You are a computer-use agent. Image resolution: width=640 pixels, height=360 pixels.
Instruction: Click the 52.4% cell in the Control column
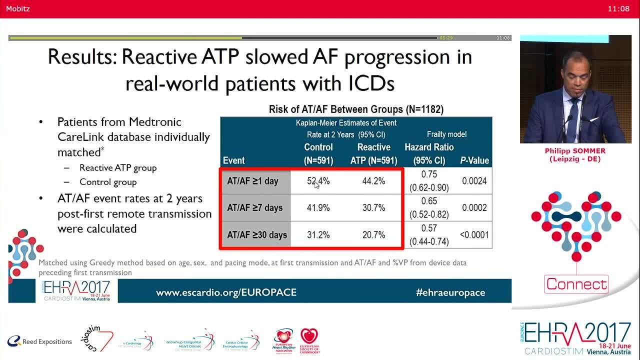[318, 181]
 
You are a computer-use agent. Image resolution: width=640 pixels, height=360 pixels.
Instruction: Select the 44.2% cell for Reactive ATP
[373, 181]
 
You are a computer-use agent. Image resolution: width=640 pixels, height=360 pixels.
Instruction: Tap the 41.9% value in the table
[318, 208]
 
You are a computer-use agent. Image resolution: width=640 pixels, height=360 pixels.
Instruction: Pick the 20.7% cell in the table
[373, 234]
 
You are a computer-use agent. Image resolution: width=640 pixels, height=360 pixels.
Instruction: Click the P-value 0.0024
[474, 181]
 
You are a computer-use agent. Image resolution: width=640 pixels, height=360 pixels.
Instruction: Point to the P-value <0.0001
[474, 234]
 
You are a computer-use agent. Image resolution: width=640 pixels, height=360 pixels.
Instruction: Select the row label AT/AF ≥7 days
[255, 208]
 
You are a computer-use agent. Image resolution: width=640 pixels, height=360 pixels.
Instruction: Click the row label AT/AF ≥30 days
[257, 234]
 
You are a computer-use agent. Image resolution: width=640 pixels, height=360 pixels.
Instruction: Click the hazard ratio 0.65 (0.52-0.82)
[429, 207]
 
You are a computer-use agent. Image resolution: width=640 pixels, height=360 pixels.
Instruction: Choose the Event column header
[233, 160]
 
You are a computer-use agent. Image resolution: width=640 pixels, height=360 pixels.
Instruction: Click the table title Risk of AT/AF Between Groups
[356, 109]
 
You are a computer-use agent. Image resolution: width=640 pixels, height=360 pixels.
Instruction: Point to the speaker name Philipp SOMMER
[575, 151]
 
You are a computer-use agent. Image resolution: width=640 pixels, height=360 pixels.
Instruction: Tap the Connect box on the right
[576, 284]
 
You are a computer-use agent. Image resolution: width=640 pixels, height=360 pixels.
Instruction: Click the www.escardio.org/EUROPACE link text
[226, 292]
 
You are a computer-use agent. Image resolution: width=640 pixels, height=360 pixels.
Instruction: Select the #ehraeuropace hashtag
[450, 292]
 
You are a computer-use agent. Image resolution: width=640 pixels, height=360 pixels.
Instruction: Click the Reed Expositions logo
[40, 341]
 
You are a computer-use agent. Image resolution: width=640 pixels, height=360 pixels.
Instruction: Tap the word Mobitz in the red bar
[18, 8]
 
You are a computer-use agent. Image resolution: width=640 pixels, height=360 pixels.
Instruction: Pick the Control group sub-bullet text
[108, 182]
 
